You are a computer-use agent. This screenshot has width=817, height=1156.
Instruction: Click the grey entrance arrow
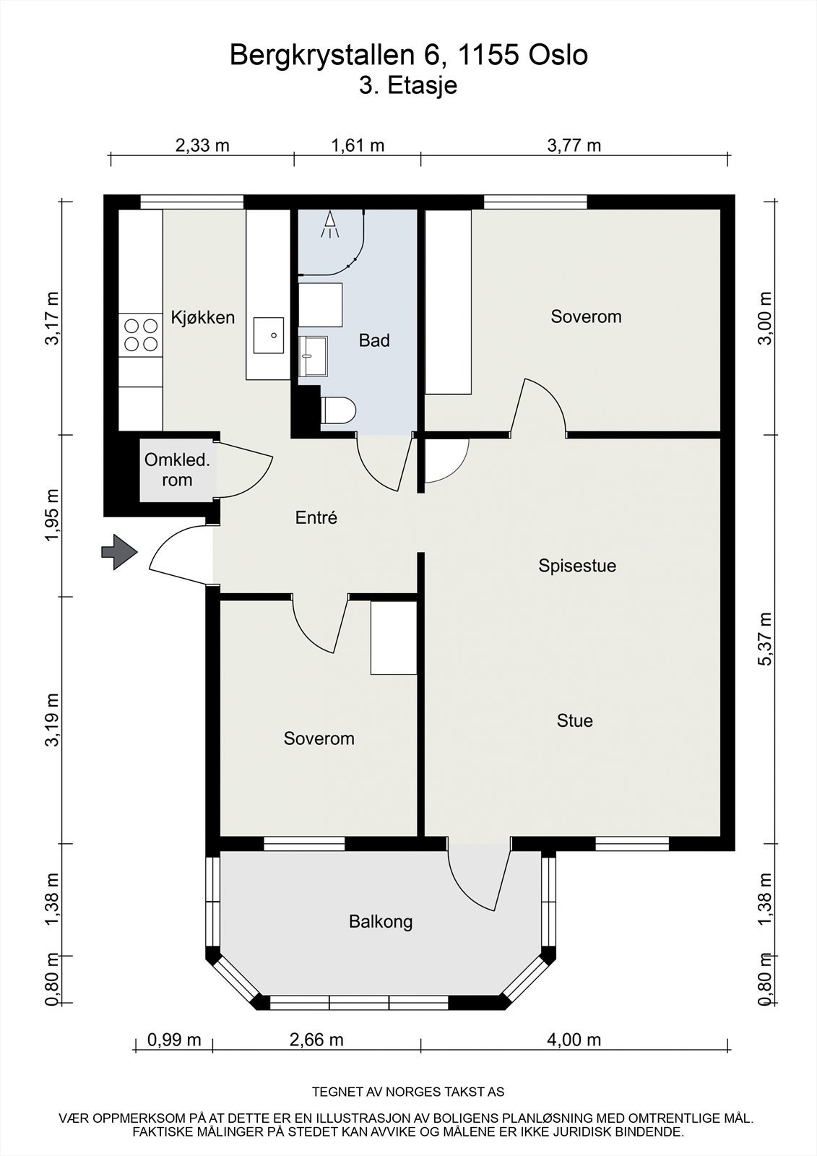(x=119, y=552)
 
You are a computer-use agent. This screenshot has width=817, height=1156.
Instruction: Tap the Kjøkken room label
(x=203, y=317)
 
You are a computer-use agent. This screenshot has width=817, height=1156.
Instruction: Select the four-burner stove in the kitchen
(x=141, y=335)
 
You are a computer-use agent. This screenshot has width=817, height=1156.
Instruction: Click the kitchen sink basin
(x=269, y=335)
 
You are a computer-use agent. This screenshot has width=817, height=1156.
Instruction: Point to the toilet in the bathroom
(x=338, y=411)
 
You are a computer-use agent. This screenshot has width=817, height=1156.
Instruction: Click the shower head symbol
(x=330, y=225)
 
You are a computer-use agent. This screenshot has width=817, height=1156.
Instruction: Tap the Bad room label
(x=374, y=340)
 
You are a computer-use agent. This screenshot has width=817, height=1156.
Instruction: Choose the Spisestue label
(x=577, y=566)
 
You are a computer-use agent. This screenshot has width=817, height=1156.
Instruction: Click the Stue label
(x=574, y=720)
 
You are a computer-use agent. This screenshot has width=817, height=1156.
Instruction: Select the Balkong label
(x=381, y=922)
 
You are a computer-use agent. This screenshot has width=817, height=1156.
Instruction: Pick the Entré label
(x=316, y=517)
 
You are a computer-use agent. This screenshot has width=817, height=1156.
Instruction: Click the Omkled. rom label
(x=177, y=470)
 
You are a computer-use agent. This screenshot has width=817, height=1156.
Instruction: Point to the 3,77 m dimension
(x=574, y=145)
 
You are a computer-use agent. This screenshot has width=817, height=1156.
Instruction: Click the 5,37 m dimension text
(x=766, y=639)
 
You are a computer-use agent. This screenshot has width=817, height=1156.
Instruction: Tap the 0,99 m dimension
(x=174, y=1040)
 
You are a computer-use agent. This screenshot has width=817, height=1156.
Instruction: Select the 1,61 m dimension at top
(x=358, y=145)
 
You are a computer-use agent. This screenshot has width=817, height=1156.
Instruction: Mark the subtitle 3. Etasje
(x=408, y=86)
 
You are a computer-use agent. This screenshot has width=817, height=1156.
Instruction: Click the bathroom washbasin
(x=313, y=356)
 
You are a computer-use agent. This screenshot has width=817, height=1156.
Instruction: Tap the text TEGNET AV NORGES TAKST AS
(x=408, y=1092)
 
